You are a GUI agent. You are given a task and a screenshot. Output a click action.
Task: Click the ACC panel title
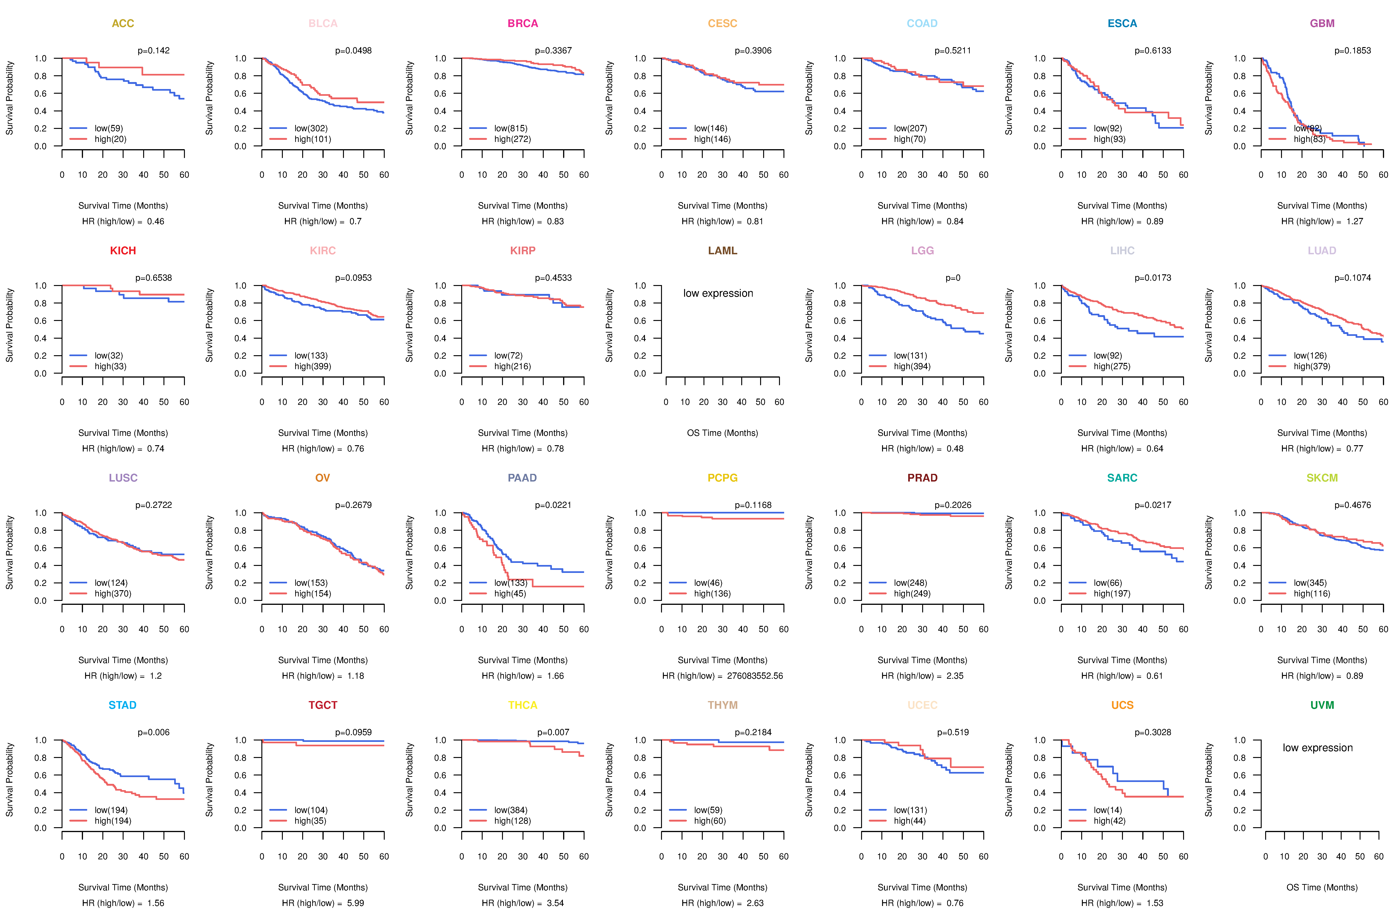tap(123, 24)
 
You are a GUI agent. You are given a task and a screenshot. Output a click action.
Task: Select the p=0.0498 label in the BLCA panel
tap(353, 51)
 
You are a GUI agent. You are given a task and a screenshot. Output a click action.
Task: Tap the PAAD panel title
tap(522, 478)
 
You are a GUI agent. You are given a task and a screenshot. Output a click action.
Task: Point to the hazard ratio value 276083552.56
tap(755, 676)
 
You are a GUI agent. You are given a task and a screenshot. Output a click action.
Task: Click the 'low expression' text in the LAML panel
tap(718, 293)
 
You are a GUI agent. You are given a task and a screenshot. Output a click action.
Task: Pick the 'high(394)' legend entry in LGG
tap(912, 366)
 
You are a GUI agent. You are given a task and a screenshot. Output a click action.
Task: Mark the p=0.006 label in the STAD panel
tap(153, 732)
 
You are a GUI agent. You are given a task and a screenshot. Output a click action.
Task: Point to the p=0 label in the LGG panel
tap(953, 278)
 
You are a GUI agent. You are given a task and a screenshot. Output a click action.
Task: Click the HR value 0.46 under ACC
tap(155, 221)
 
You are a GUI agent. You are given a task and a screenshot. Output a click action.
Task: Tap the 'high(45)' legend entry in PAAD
tap(510, 593)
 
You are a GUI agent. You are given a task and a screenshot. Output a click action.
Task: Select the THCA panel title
tap(522, 705)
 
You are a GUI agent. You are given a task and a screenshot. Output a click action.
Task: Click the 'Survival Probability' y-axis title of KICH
tap(9, 325)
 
